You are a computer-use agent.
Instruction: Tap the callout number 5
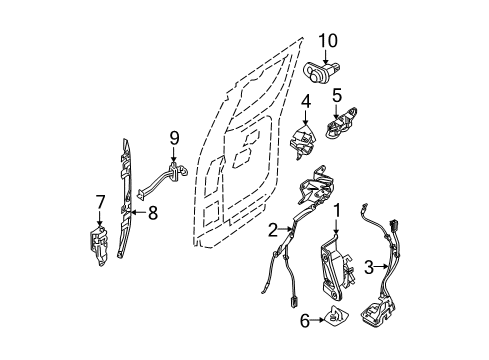(x=337, y=97)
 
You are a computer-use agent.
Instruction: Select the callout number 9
(x=173, y=138)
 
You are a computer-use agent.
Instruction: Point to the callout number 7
(x=99, y=202)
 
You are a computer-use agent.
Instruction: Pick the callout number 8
(x=153, y=211)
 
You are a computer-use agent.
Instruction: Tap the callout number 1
(x=337, y=211)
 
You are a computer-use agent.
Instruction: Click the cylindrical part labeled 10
(x=325, y=73)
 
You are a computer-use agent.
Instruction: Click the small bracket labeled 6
(x=336, y=319)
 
